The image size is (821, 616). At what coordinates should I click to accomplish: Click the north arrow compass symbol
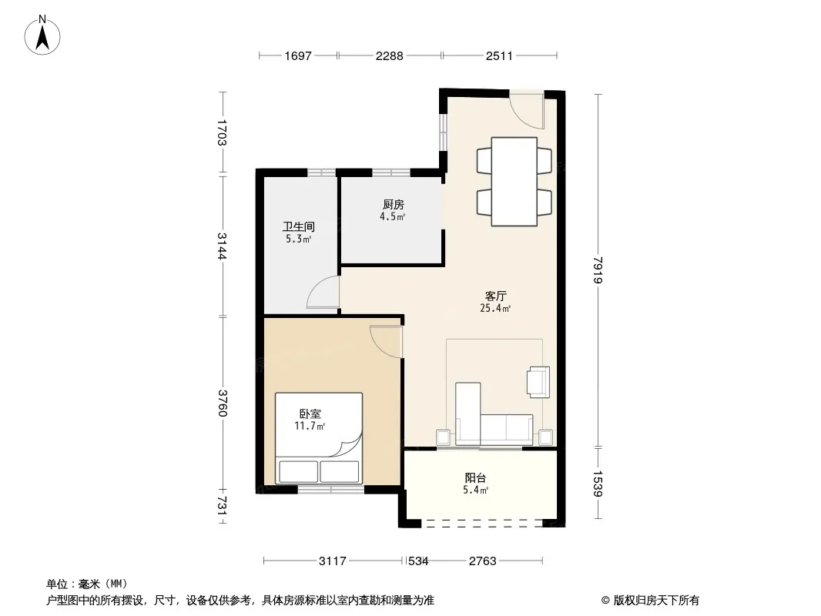pos(42,35)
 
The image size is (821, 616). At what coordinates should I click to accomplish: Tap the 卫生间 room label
pos(299,226)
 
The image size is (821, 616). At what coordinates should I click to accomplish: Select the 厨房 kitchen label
pos(394,205)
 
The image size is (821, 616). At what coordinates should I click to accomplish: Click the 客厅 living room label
pos(495,296)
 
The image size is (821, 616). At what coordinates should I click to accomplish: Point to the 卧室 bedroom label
pos(310,414)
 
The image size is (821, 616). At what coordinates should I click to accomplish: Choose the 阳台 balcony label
pos(475,478)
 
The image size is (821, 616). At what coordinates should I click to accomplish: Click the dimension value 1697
pos(298,56)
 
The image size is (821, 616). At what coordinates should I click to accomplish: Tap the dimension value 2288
pos(390,56)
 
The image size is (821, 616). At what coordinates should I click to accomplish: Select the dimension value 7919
pos(598,270)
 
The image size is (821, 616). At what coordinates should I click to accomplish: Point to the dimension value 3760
pos(223,403)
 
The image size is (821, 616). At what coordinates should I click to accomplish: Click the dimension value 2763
pos(482,561)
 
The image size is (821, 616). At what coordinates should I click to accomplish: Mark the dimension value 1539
pos(598,484)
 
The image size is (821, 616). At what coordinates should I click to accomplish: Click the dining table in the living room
pos(514,182)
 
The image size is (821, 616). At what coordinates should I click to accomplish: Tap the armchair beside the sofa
pos(538,382)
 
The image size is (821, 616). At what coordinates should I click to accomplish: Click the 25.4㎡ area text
pos(495,308)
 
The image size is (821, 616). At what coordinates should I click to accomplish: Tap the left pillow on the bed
pos(299,471)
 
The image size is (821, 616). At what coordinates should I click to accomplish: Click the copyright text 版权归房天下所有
pos(656,601)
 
